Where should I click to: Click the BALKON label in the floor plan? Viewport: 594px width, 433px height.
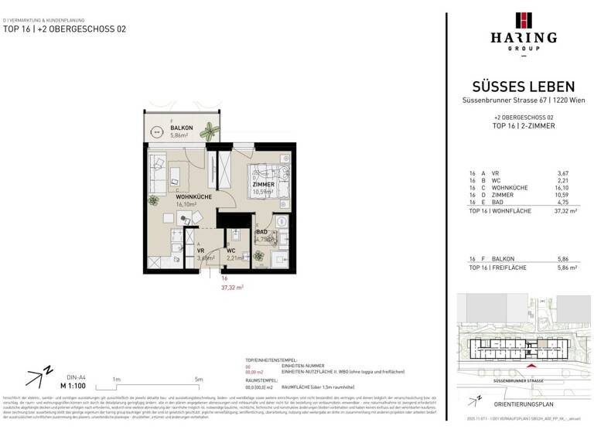point(160,127)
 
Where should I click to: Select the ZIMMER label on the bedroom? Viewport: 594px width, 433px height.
point(264,186)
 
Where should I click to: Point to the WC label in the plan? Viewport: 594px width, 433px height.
point(230,251)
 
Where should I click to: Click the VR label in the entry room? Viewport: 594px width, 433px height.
point(200,251)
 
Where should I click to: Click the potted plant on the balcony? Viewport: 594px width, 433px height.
point(206,131)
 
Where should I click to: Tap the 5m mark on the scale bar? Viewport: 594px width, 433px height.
point(199,380)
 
